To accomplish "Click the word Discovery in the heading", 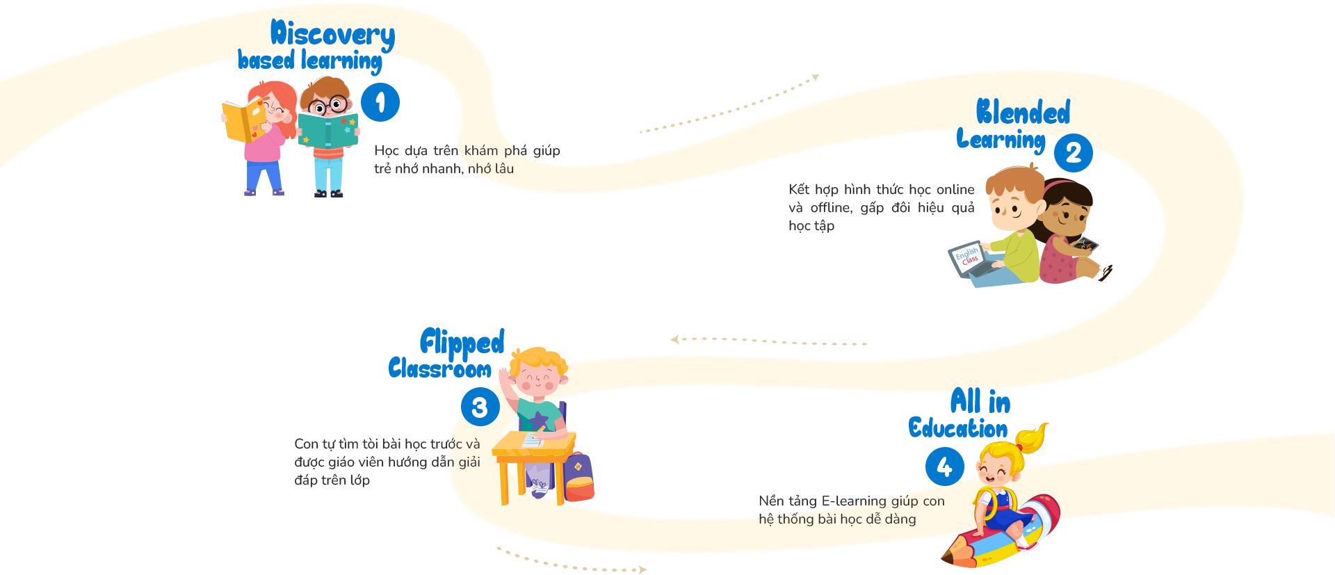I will click(x=332, y=35).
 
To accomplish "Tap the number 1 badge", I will click(x=380, y=102).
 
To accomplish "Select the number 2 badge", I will click(x=1073, y=153).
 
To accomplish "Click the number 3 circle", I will click(x=480, y=407).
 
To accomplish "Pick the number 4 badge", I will click(x=944, y=467).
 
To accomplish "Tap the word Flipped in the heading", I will click(x=462, y=341).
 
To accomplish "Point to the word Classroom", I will click(x=439, y=368).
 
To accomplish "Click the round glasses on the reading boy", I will click(x=328, y=106).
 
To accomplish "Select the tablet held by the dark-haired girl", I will click(x=1083, y=245).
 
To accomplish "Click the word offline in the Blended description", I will click(x=831, y=208).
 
